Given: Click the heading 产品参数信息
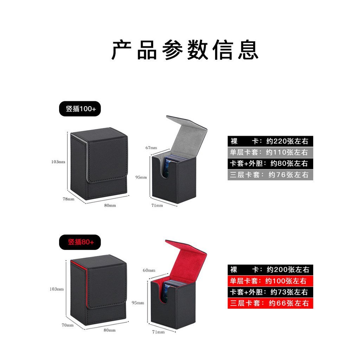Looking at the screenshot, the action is coord(185,50).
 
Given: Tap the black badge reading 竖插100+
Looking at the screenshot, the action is coord(80,109).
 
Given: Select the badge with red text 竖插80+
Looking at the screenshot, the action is coord(80,242).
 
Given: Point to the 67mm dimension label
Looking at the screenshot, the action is coord(151,148).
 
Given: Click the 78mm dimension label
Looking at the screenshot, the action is coord(69,199).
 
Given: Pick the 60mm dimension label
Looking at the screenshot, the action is coord(149,270).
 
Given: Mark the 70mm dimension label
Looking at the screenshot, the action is coord(67,325).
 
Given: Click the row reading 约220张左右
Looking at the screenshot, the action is coord(270,141).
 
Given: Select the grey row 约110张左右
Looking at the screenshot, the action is coord(270,152).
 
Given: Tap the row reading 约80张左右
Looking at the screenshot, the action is coord(270,163).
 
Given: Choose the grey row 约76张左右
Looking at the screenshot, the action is coord(270,175).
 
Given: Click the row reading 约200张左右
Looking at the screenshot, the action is coord(270,270).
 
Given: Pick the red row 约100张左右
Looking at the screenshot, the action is coord(270,281).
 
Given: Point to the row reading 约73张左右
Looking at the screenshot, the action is coord(270,292).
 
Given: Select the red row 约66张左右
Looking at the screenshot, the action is coord(270,303).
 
